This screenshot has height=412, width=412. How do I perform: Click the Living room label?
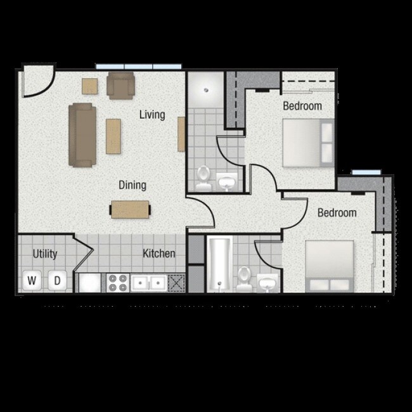(x=152, y=115)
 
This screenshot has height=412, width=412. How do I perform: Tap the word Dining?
(x=132, y=185)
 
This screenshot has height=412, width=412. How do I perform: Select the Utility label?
(x=45, y=254)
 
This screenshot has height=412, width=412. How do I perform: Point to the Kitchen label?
(x=158, y=254)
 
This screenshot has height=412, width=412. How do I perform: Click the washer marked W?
(x=32, y=280)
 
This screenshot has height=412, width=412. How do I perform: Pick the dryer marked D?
(x=56, y=280)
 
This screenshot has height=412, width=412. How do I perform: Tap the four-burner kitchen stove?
(x=117, y=281)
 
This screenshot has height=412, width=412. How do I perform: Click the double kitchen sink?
(x=149, y=282)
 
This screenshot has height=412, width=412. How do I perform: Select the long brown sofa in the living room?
(x=82, y=134)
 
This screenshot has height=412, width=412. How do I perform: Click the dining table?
(x=130, y=209)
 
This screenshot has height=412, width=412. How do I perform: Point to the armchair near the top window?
(x=120, y=85)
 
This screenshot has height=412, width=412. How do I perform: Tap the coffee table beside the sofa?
(x=113, y=136)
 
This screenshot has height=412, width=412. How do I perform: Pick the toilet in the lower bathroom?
(x=244, y=278)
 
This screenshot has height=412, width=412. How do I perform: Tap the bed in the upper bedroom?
(x=307, y=143)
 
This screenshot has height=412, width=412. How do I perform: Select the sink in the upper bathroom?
(x=226, y=183)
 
